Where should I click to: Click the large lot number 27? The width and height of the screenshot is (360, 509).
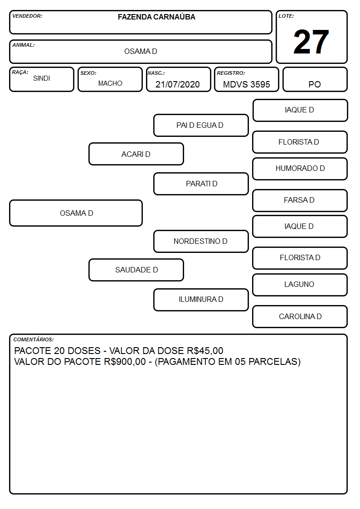311,42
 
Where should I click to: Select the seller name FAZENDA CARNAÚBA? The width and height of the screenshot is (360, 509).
156,17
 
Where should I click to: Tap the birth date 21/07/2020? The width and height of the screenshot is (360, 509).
178,84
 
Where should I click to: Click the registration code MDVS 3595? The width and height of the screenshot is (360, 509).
246,84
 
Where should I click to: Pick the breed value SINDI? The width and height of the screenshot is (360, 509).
42,78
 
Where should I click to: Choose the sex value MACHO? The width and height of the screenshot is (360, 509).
110,83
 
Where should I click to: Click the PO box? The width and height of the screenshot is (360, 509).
315,79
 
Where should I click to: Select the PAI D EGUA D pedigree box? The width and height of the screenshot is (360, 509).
201,125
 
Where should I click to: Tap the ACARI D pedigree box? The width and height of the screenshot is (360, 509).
136,154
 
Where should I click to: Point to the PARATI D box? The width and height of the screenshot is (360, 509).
201,184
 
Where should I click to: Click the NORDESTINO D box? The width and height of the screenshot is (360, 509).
201,241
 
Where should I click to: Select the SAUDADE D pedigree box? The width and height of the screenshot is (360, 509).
136,270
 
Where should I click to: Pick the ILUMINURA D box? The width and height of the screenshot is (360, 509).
201,300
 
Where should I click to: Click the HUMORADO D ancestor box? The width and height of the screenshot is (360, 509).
300,169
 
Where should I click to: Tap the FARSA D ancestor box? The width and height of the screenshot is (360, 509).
300,200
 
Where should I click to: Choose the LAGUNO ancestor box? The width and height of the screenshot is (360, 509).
300,285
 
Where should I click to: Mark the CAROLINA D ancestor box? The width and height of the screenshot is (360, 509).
300,316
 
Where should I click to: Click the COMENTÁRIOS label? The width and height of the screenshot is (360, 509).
34,339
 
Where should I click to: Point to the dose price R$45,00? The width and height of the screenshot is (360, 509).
205,351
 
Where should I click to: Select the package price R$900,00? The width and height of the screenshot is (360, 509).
125,362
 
